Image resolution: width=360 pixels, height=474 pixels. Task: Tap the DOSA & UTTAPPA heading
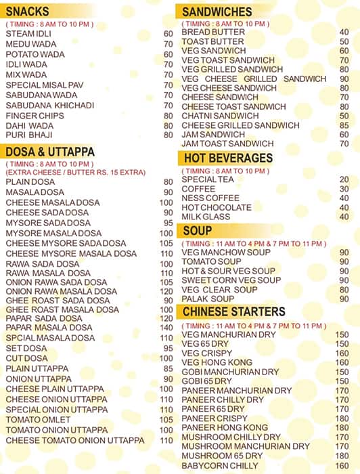pos(49,151)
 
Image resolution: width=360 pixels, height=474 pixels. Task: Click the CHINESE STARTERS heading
pos(234,311)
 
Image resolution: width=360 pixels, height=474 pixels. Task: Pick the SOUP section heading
pos(198,232)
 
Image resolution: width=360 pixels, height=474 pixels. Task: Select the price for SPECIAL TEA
pos(344,179)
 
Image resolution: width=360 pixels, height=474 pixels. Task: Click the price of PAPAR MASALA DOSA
pos(166,328)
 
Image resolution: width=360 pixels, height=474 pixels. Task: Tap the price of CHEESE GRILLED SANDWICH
pos(344,125)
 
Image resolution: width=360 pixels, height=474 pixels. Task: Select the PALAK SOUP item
pos(208,299)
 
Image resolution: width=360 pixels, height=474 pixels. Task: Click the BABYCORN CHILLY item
pos(220,466)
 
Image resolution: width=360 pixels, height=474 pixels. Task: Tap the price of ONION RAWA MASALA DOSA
pos(166,291)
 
